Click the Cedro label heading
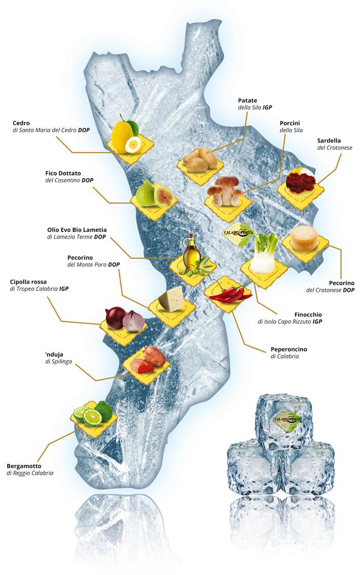pos(21,123)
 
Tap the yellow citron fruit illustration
pos(123,133)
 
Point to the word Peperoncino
pos(289,349)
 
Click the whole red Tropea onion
pos(115,318)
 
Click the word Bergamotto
pos(24,465)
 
